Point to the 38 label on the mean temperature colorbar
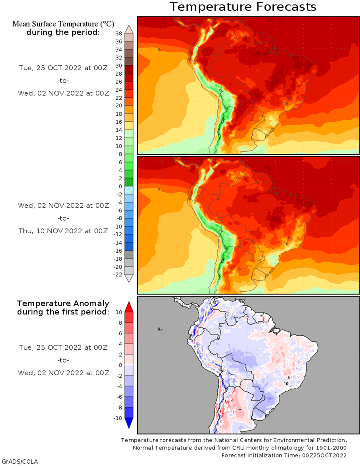click(119, 34)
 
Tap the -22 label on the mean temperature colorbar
click(118, 275)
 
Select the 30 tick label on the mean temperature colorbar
click(119, 66)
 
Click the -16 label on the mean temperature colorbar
click(118, 251)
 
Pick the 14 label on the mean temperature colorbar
click(119, 130)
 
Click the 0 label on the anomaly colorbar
click(121, 365)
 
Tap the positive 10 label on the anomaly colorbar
click(119, 312)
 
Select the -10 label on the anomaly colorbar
click(118, 418)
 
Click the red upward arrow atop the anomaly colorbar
click(129, 307)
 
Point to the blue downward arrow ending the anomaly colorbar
click(129, 423)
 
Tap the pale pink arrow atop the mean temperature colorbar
click(129, 30)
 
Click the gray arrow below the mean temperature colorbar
click(129, 279)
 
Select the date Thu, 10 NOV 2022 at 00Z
click(63, 231)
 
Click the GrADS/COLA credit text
click(20, 461)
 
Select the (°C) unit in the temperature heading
click(107, 24)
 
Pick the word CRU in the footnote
click(246, 448)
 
